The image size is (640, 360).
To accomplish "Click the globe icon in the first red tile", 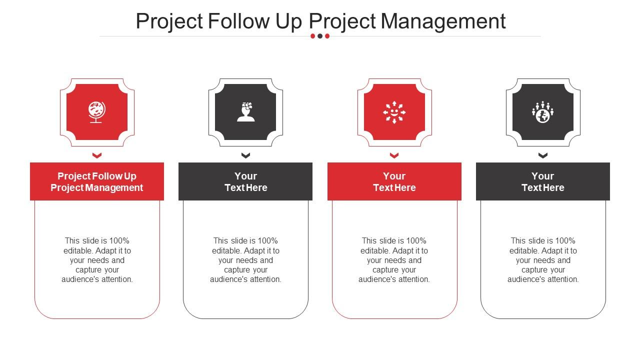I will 96,112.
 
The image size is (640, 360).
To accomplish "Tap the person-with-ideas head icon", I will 245,112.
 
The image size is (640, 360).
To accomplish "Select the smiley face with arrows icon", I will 394,112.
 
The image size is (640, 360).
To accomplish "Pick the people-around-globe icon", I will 543,112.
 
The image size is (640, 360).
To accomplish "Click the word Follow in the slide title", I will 238,21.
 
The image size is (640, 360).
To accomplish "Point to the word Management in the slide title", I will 443,21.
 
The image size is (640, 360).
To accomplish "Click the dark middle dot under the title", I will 320,36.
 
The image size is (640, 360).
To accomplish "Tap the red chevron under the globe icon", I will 97,155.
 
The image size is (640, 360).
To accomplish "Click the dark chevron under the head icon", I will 245,155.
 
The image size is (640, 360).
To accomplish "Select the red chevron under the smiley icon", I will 394,155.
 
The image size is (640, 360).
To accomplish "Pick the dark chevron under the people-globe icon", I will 543,155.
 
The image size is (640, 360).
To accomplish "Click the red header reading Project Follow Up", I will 97,181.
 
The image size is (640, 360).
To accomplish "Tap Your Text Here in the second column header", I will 245,181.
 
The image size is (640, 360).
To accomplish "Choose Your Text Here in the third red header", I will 394,181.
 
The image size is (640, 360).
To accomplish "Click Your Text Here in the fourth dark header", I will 543,181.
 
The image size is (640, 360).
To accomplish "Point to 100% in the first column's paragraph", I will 120,241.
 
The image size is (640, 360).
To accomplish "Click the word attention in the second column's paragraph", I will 264,279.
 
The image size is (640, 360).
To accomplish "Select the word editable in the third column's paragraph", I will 375,251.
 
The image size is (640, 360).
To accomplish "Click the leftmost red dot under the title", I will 313,36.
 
